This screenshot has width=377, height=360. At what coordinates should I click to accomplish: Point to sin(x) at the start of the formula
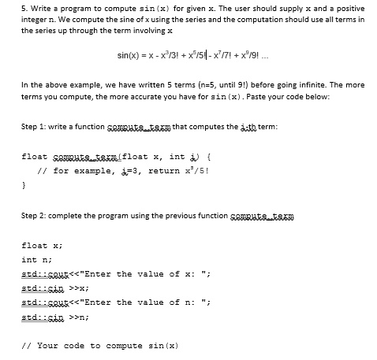[x=129, y=54]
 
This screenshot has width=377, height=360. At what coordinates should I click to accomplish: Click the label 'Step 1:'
[x=35, y=127]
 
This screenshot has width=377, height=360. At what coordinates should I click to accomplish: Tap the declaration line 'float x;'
[x=39, y=245]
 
